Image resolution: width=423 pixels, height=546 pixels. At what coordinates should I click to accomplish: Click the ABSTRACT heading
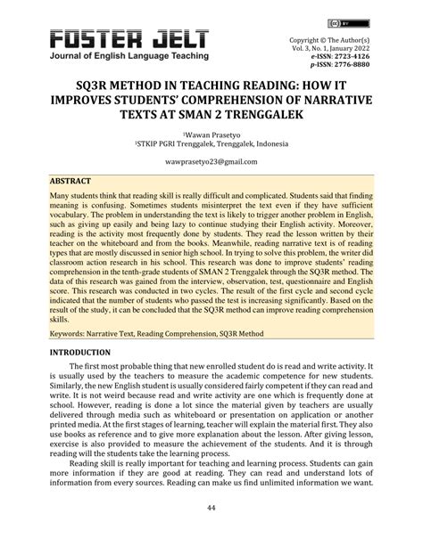pos(75,178)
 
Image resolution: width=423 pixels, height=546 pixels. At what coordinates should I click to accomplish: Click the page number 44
pos(211,507)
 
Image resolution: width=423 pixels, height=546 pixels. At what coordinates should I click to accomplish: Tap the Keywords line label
pos(73,309)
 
